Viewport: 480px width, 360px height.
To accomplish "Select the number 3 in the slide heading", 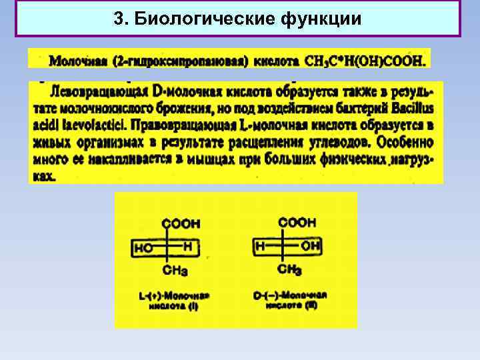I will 118,19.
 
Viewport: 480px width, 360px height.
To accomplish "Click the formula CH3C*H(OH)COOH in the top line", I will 365,61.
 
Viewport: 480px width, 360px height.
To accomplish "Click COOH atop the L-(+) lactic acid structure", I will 181,224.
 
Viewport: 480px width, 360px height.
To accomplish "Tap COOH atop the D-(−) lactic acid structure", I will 298,223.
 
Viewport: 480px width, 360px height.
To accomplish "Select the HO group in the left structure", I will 144,248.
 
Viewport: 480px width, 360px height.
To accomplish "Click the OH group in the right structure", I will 310,247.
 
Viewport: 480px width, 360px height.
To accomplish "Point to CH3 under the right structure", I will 289,269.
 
